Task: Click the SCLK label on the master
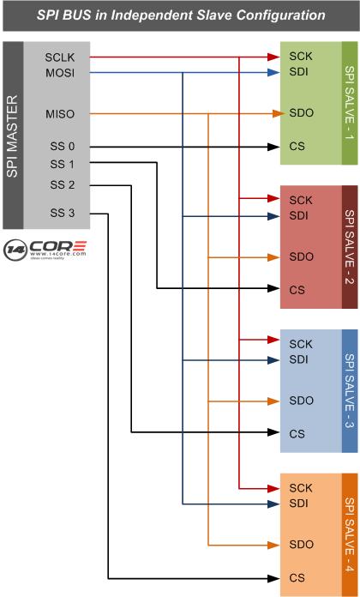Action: tap(60, 57)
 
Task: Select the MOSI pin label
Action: tap(60, 73)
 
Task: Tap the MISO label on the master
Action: tap(60, 114)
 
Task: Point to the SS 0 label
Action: tap(63, 147)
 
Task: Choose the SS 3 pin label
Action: tap(63, 214)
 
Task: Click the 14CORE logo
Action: tap(45, 250)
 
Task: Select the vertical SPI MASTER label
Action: tap(13, 136)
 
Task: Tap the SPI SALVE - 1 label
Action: tap(350, 103)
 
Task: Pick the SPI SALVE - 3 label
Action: tap(350, 391)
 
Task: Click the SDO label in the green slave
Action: tap(302, 113)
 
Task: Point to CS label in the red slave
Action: tap(297, 290)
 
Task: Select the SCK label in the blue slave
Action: tap(301, 344)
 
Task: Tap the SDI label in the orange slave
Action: tap(298, 504)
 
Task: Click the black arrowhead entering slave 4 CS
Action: tap(273, 578)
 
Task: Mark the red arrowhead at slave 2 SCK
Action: tap(273, 198)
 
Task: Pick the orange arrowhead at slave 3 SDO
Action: tap(273, 401)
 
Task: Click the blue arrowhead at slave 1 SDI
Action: tap(273, 72)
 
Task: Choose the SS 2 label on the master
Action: tap(63, 185)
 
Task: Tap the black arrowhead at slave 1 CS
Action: tap(273, 147)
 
